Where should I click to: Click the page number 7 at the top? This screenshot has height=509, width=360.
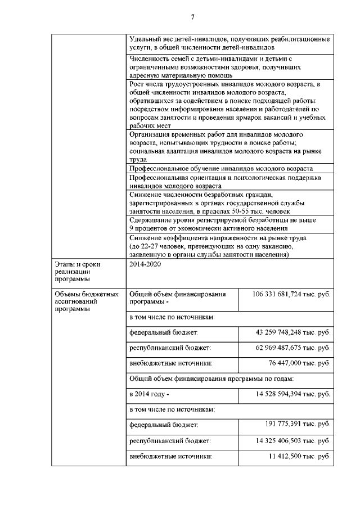point(192,17)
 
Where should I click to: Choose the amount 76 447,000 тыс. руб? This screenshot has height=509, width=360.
point(299,363)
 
